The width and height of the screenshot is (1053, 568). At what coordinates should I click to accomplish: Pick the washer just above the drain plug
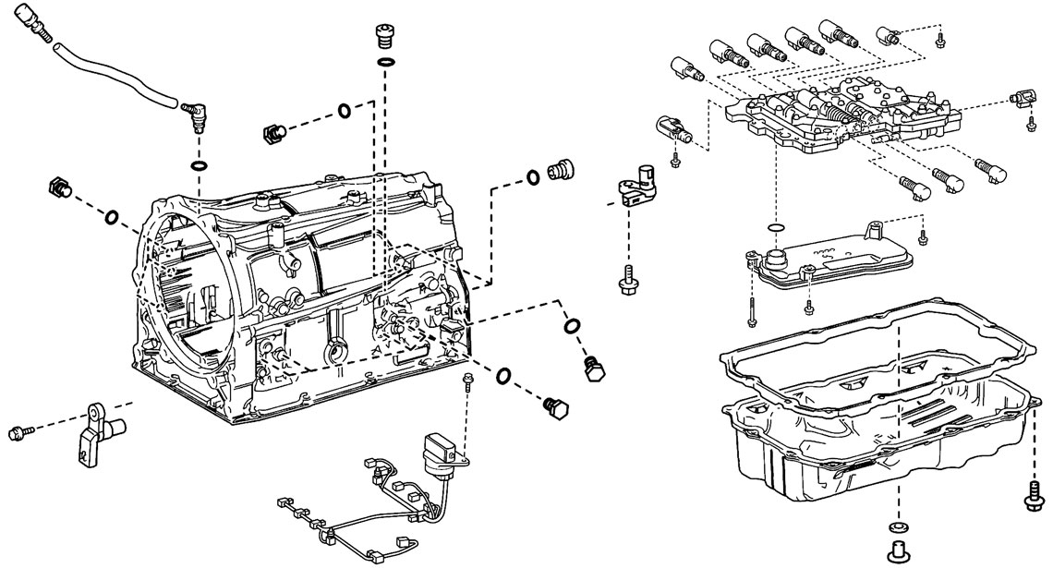(895, 526)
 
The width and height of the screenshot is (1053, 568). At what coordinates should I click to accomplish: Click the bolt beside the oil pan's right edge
(1031, 494)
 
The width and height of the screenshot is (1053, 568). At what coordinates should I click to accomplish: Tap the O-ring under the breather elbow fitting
(199, 165)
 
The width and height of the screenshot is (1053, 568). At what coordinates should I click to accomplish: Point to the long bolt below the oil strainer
(750, 296)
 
